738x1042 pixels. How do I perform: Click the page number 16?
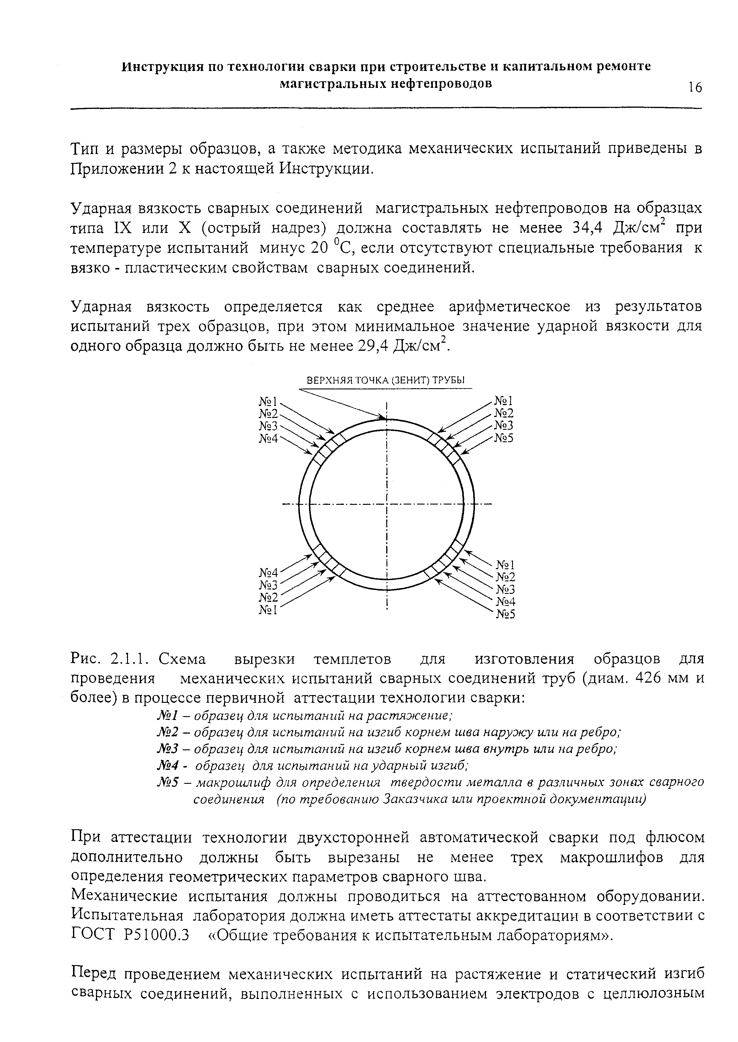tap(695, 87)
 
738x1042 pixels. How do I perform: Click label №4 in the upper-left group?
tap(268, 438)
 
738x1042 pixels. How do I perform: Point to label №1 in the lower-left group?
tap(268, 610)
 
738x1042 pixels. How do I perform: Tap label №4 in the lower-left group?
tap(268, 572)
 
